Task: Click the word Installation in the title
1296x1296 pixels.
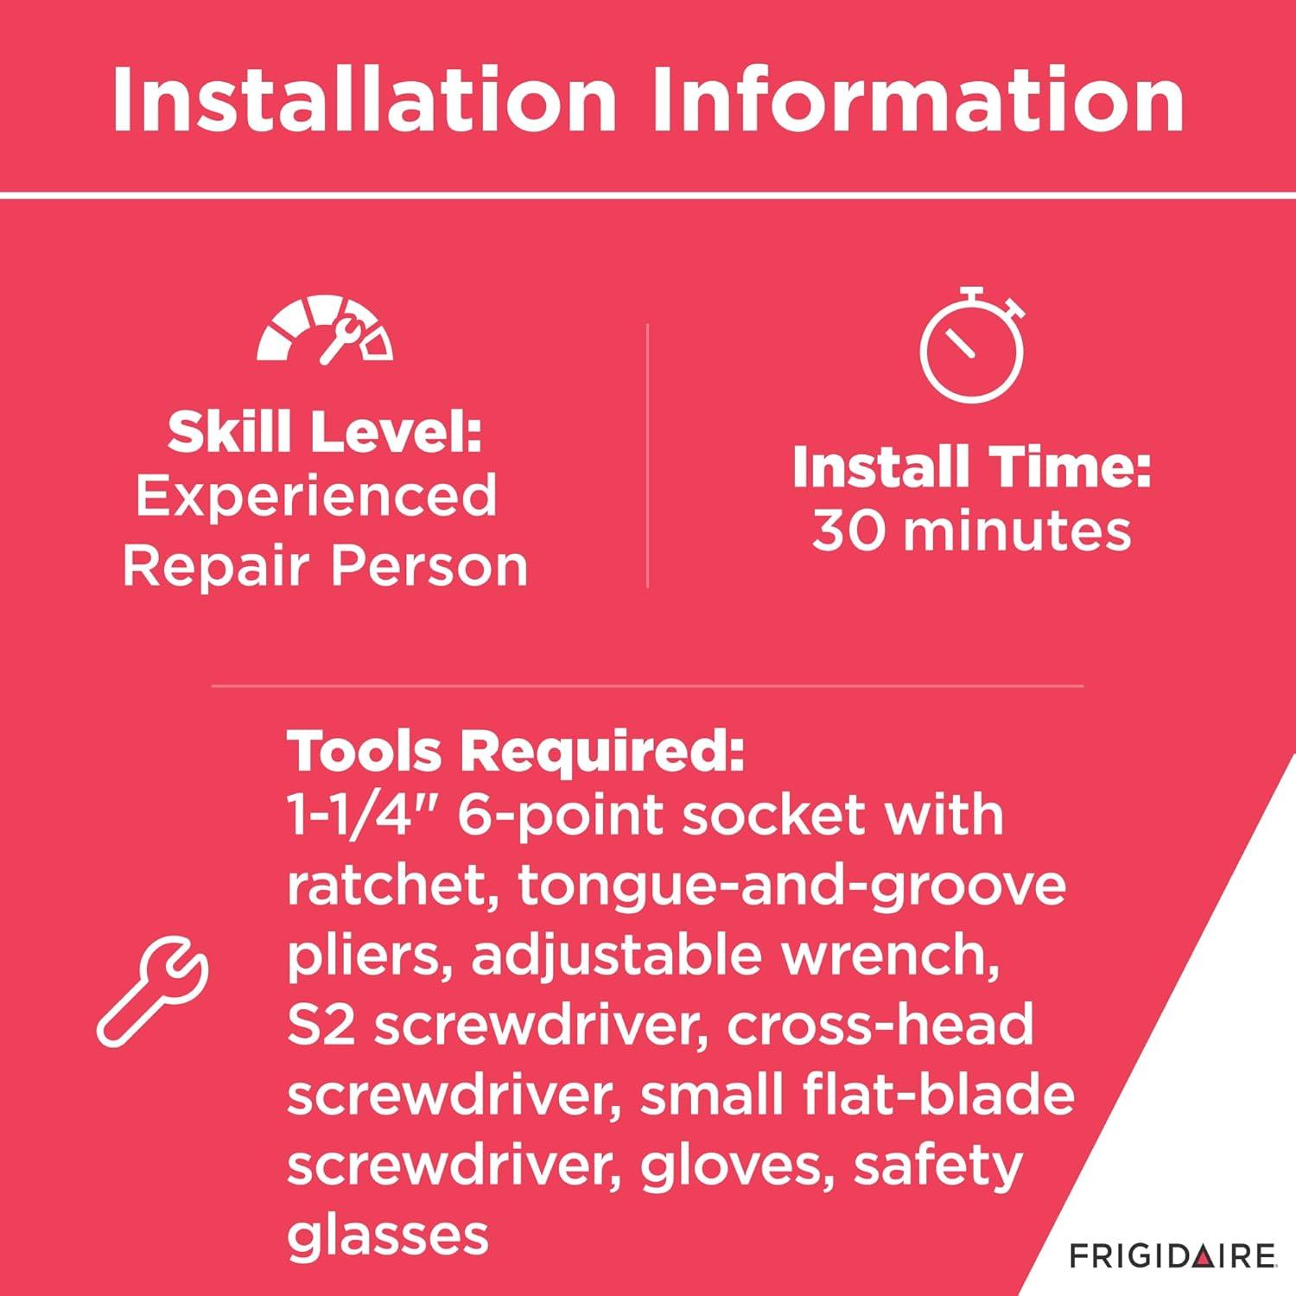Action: (364, 101)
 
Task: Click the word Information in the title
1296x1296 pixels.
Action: (918, 101)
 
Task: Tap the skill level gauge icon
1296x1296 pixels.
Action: (325, 329)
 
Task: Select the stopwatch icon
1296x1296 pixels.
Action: (972, 345)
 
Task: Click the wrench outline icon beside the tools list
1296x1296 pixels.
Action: (152, 992)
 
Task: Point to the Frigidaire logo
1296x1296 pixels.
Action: (1172, 1255)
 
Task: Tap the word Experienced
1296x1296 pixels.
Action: (316, 498)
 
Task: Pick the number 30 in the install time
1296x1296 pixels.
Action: (849, 530)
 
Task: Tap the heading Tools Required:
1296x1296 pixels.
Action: (516, 751)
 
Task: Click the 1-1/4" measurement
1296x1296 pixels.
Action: (363, 815)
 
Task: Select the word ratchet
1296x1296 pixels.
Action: (392, 886)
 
